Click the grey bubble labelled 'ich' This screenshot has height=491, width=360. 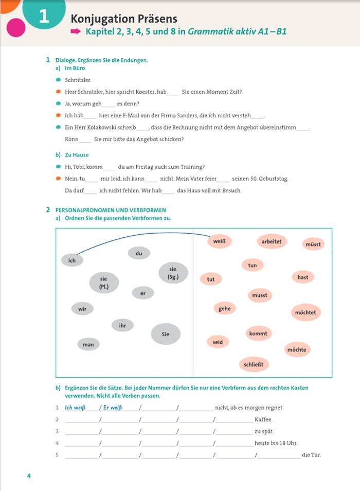tap(72, 260)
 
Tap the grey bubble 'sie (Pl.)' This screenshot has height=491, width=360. tap(103, 282)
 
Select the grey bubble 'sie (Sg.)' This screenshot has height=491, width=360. tap(172, 273)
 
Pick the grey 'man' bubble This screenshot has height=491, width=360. tap(88, 344)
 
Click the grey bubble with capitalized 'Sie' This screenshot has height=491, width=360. tap(166, 334)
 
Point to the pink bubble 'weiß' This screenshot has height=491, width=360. tap(219, 241)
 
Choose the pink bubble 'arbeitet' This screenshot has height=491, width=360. tap(271, 241)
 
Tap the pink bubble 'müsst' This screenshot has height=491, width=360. tap(313, 244)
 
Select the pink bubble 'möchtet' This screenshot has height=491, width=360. tap(305, 312)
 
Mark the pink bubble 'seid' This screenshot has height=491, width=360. tap(218, 342)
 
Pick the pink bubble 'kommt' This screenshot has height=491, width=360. tap(258, 334)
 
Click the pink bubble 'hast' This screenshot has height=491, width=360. tap(303, 277)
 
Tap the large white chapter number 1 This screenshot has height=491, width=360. tap(43, 17)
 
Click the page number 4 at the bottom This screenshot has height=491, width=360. tap(29, 476)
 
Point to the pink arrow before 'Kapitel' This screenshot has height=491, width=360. tap(76, 32)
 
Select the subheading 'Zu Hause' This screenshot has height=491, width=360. tap(77, 155)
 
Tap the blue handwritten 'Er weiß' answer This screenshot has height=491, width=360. tap(113, 408)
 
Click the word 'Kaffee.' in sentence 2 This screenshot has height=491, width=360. tap(263, 419)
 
